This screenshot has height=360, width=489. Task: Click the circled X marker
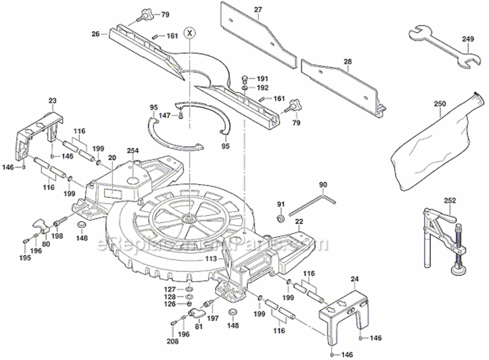(191, 33)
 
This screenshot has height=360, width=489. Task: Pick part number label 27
(258, 10)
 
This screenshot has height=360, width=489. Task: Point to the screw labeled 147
(180, 115)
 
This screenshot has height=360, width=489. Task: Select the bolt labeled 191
(245, 78)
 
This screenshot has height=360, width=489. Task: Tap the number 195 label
(25, 258)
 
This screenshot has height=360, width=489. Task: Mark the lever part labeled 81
(196, 314)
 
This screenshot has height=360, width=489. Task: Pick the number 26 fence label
(95, 34)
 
